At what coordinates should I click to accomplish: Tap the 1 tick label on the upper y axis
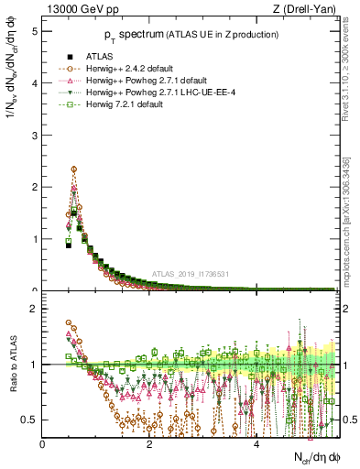pyautogui.click(x=34, y=239)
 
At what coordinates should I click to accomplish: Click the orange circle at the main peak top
pyautogui.click(x=73, y=169)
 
